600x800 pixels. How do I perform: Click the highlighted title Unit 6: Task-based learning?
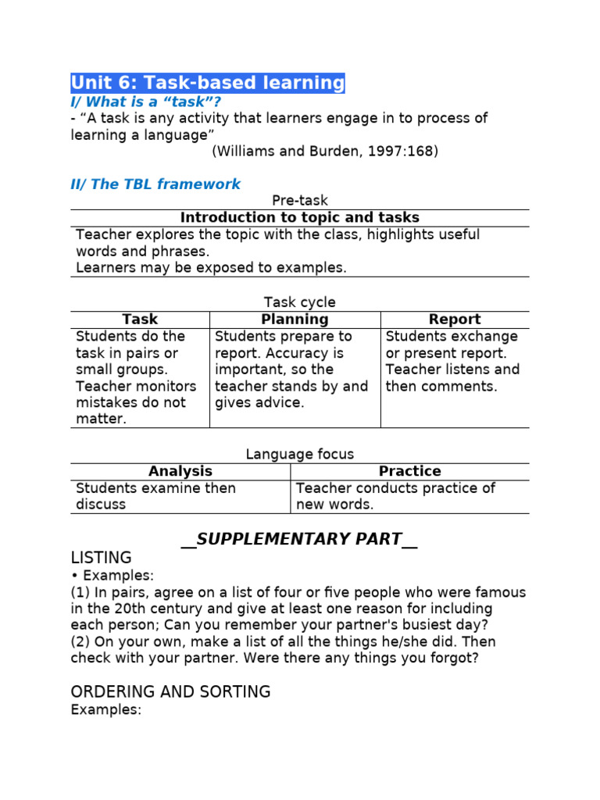pos(207,83)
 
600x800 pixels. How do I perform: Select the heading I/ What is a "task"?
pos(146,102)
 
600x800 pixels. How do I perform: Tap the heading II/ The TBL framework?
pos(155,184)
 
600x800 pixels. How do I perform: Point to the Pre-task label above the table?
pos(299,201)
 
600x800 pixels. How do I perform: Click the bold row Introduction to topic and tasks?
pos(299,218)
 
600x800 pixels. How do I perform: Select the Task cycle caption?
pos(299,302)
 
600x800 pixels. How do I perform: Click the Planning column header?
pos(295,320)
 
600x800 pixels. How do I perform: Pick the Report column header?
pos(455,320)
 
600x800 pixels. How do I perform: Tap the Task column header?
pos(140,320)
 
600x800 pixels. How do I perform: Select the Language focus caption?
pos(299,454)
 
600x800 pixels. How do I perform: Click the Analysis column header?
pos(180,471)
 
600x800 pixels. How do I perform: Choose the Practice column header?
pos(409,471)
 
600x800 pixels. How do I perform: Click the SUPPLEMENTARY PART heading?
pos(299,539)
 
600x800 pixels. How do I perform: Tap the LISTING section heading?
pos(101,558)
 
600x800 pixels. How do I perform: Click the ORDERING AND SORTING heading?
pos(170,692)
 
